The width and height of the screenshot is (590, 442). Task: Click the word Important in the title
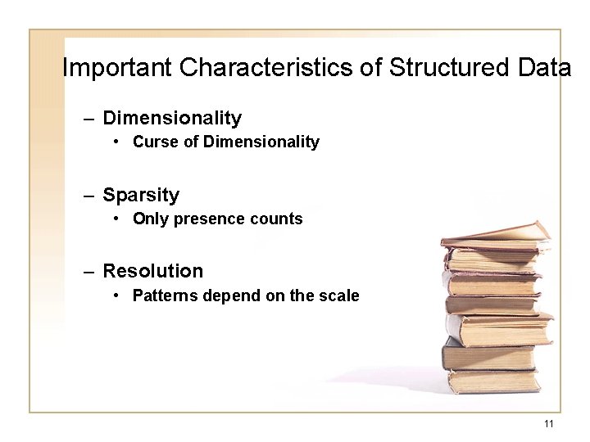[117, 67]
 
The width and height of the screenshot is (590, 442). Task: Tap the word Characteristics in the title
[266, 67]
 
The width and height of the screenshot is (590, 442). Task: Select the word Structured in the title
[438, 67]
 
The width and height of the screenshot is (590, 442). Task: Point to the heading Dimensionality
[172, 119]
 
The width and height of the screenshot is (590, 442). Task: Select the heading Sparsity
[141, 195]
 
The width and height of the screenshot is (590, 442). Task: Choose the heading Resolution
[152, 271]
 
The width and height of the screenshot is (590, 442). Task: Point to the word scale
[339, 295]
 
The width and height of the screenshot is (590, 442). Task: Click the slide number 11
[548, 423]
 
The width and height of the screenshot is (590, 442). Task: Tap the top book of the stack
[495, 232]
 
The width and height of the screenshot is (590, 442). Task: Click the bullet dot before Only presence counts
[119, 219]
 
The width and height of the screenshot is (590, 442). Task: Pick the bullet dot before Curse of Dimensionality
[119, 142]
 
